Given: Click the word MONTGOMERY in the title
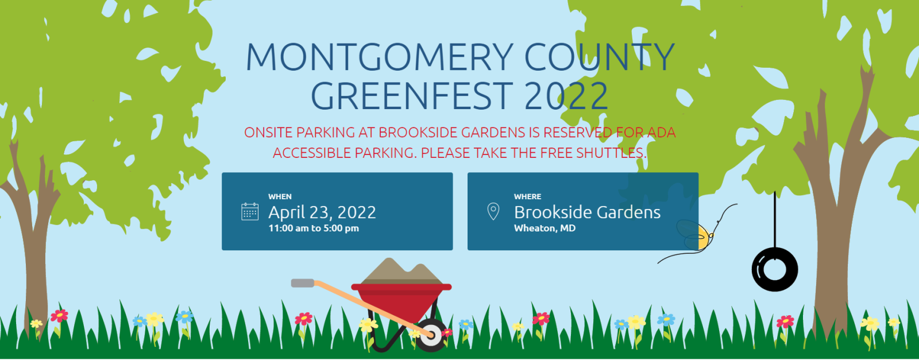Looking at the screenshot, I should pyautogui.click(x=380, y=57).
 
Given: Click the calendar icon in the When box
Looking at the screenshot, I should pyautogui.click(x=250, y=211).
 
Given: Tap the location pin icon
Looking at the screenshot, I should pyautogui.click(x=493, y=211).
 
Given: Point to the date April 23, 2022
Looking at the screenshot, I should pyautogui.click(x=322, y=212).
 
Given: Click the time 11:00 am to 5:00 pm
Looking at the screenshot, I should pyautogui.click(x=314, y=228).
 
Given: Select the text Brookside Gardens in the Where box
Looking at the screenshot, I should pyautogui.click(x=587, y=212).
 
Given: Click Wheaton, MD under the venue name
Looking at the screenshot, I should pyautogui.click(x=545, y=228).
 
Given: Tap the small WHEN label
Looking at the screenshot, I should pyautogui.click(x=280, y=196).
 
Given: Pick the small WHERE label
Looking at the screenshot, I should pyautogui.click(x=527, y=196).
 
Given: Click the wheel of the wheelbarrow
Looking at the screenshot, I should pyautogui.click(x=431, y=335).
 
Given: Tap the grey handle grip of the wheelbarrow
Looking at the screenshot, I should pyautogui.click(x=303, y=283).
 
